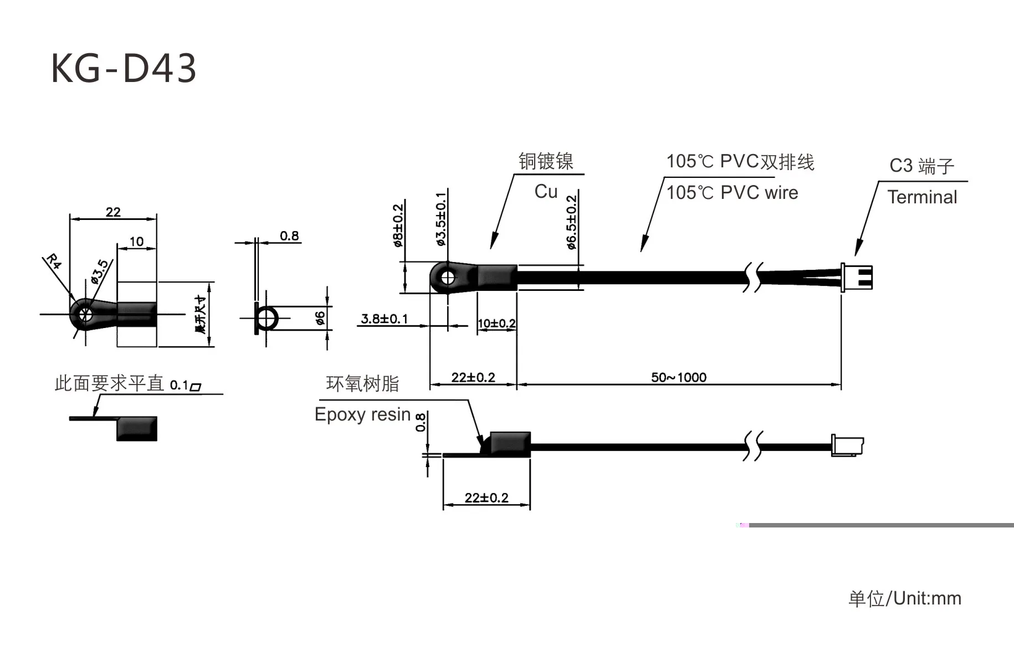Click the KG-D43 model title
point(124,69)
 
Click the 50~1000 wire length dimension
point(679,377)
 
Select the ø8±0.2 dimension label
point(398,226)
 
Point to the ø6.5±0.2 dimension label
point(571,222)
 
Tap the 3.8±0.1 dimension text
point(384,319)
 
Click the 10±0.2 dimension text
point(496,324)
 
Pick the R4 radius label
point(54,261)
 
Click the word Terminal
point(922,197)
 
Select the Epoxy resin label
point(362,414)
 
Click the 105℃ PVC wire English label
point(732,193)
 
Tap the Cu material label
point(546,192)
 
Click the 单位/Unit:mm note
point(905,598)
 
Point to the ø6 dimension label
point(320,319)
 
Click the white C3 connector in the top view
point(857,277)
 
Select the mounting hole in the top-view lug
point(448,277)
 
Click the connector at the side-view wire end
point(847,445)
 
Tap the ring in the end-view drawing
point(267,319)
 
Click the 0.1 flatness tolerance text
point(179,385)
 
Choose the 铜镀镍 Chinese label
point(546,161)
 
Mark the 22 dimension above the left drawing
point(113,212)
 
